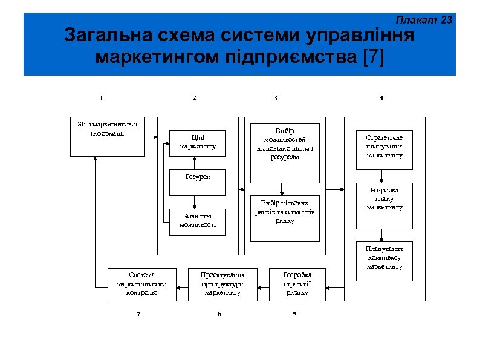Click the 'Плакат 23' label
pos(430,20)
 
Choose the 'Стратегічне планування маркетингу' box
pos(384,146)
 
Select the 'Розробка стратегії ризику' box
pos(297,284)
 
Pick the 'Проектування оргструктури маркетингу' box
pos(222,284)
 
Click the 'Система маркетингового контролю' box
pos(142,284)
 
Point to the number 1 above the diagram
pos(102,98)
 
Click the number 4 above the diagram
pos(380,98)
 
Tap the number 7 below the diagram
pos(138,313)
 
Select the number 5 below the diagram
pos(294,313)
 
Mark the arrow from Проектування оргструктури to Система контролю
pos(183,284)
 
